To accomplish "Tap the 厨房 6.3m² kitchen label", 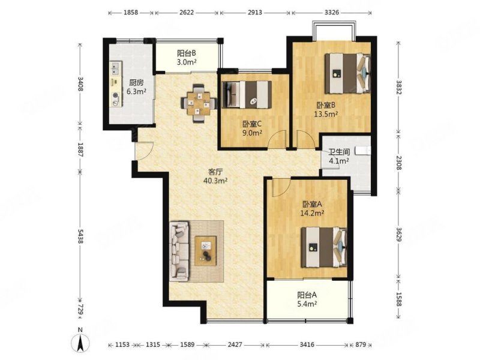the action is click(x=136, y=87).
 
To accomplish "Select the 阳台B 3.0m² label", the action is click(x=187, y=58).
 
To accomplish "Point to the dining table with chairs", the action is click(x=199, y=103).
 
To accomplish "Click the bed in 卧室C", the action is click(x=247, y=95).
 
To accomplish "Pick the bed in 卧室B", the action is click(x=347, y=73).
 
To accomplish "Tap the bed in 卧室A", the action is click(x=324, y=247).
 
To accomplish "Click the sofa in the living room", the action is click(x=179, y=251).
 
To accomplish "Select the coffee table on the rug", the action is click(x=206, y=251).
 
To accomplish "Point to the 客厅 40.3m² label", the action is click(x=215, y=176).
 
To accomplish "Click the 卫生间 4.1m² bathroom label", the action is click(x=339, y=156).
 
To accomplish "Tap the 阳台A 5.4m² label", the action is click(x=307, y=299).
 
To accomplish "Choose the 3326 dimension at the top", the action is click(x=332, y=13).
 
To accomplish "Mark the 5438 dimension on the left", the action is click(x=80, y=236).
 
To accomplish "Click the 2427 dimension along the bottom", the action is click(x=235, y=344).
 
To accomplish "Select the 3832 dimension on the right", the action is click(x=398, y=88).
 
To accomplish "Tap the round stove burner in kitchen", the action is click(x=115, y=95).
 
